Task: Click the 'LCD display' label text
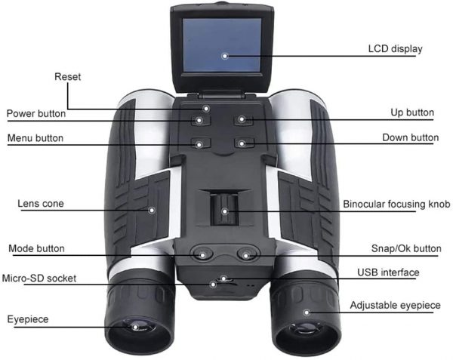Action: [395, 48]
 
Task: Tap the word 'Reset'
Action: [68, 77]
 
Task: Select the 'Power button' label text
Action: [36, 113]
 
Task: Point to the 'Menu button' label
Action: [35, 138]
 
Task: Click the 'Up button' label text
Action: [412, 112]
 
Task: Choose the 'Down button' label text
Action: [411, 137]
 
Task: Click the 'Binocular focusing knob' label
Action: [396, 204]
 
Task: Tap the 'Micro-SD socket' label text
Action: [39, 278]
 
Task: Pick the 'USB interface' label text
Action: [388, 272]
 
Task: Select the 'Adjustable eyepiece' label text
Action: [395, 305]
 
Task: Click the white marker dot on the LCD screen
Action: [225, 56]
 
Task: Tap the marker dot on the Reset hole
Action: [206, 109]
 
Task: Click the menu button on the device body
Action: [201, 143]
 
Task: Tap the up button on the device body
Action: [244, 119]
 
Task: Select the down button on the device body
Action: [244, 143]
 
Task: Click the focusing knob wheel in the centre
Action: [224, 210]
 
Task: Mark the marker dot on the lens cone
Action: [152, 210]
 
